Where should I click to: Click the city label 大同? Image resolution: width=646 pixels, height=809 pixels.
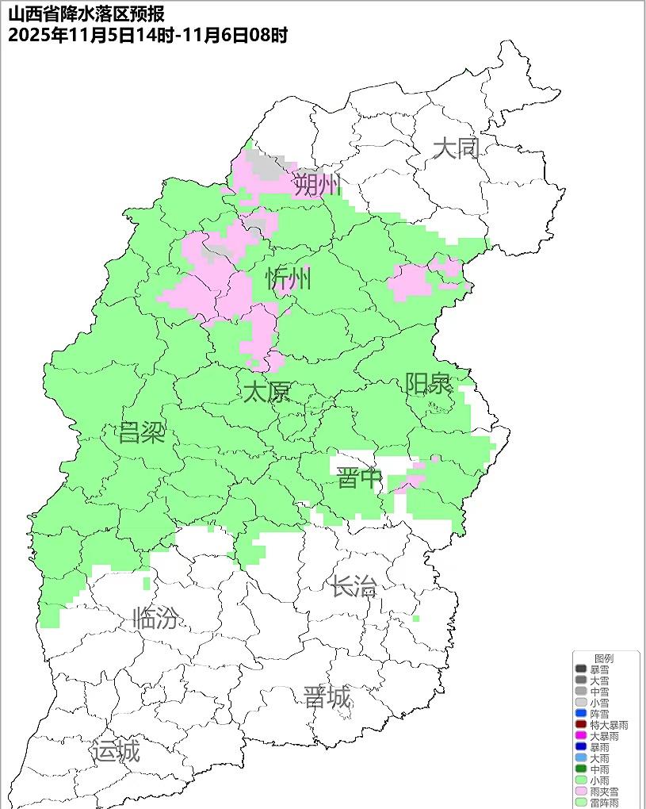point(457,148)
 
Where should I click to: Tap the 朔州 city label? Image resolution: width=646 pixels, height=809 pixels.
point(317,186)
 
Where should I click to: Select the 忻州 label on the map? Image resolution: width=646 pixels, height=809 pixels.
point(289,279)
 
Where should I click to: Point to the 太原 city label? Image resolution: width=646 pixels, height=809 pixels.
point(266,392)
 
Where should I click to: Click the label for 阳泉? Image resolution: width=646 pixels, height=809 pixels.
point(429,384)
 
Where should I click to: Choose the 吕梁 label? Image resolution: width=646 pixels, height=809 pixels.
point(141,433)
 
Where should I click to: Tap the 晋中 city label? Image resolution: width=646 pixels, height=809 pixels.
point(360,478)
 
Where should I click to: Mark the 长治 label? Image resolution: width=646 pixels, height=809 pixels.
point(354,587)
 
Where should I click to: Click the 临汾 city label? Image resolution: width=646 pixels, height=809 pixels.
point(155,617)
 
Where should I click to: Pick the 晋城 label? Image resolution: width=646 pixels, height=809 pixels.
point(327,698)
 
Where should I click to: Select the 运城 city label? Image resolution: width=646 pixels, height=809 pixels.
point(116,750)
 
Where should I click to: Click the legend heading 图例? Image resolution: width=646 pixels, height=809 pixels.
point(604,658)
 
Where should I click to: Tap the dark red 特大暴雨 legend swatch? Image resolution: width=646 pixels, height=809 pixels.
point(581,725)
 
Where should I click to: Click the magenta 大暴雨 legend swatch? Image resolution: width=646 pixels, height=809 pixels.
point(581,736)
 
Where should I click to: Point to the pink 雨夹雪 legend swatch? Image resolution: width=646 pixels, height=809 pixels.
point(581,792)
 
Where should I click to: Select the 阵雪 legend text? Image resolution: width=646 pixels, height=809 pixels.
point(600,714)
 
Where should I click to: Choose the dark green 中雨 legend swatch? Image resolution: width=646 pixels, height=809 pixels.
point(581,769)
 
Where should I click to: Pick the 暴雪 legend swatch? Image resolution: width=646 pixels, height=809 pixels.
point(581,669)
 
